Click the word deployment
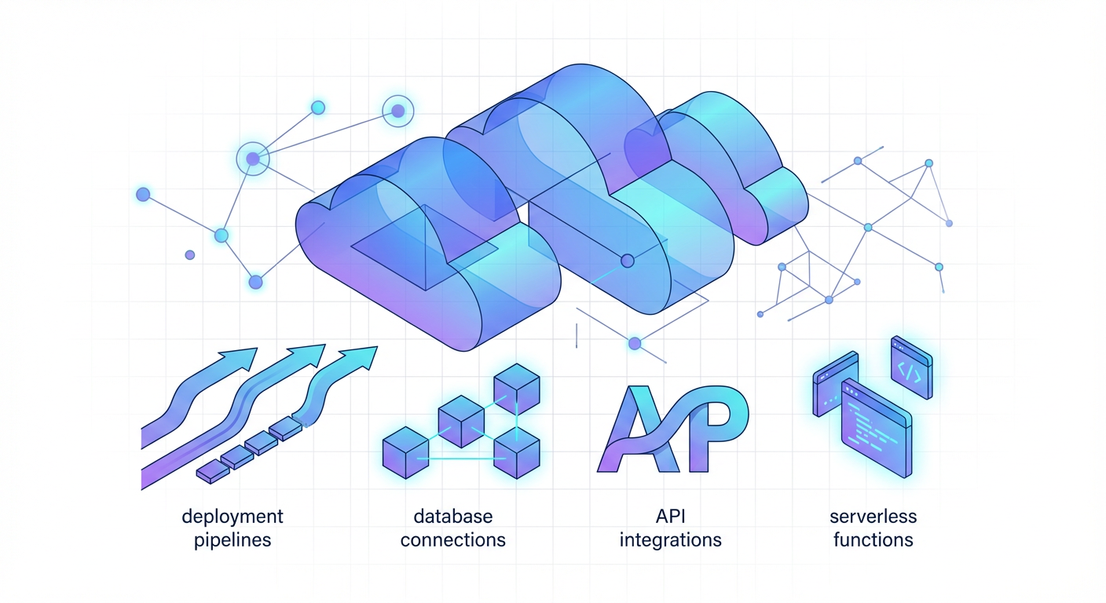(232, 517)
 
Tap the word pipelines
(232, 540)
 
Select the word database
(453, 517)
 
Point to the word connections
(453, 540)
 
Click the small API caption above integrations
(671, 517)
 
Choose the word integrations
(671, 540)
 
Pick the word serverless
(873, 517)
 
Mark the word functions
(873, 540)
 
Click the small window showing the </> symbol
(911, 369)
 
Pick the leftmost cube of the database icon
(404, 453)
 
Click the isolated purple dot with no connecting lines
(189, 255)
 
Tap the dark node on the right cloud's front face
(627, 261)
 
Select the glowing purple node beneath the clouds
(635, 343)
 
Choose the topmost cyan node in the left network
(318, 108)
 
